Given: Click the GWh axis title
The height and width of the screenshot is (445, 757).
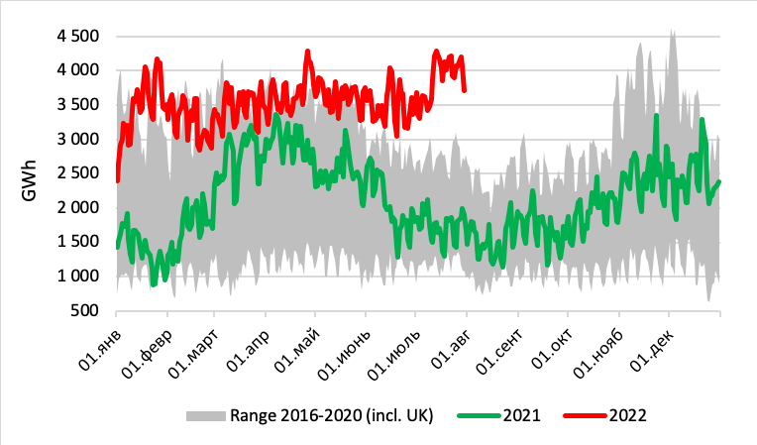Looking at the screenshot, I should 30,173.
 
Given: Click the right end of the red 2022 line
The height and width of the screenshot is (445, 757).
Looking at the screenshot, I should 465,90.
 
